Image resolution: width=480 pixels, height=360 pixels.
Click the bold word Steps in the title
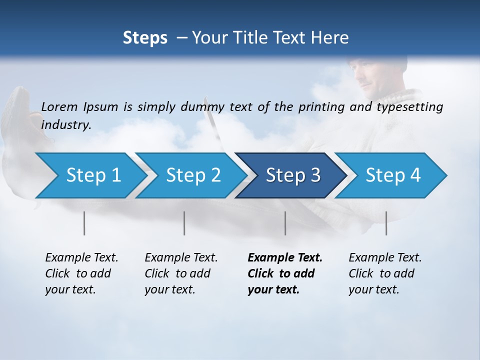click(145, 38)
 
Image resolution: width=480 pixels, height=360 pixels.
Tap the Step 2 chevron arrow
click(190, 175)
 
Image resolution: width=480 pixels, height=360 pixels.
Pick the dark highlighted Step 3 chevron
click(290, 175)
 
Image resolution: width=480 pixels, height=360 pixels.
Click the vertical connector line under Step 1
click(84, 223)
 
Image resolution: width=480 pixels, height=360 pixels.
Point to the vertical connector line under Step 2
click(184, 223)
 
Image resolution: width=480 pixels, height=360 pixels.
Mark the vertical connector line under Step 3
click(285, 223)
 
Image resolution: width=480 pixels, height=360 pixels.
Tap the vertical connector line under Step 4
click(386, 223)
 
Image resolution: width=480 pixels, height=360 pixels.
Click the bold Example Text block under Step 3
click(284, 273)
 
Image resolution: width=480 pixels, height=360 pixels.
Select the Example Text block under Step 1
click(81, 273)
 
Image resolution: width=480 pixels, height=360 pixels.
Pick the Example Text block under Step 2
click(181, 273)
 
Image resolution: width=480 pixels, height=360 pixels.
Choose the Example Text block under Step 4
click(385, 273)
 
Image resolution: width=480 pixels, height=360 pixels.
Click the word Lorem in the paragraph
click(59, 106)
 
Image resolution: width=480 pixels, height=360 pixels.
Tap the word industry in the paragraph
click(66, 124)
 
